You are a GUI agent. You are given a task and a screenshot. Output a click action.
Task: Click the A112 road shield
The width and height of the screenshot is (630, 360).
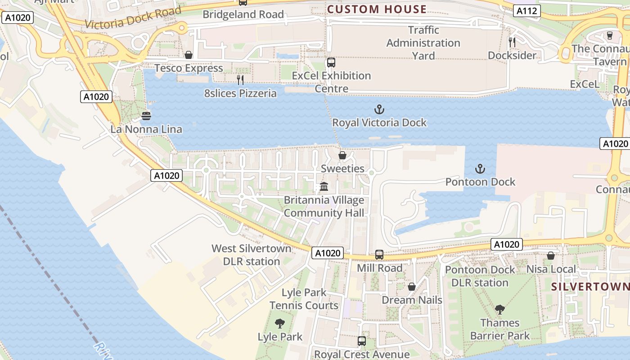click(x=526, y=11)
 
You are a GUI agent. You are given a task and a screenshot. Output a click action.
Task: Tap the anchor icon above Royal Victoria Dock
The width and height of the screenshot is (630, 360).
click(x=379, y=109)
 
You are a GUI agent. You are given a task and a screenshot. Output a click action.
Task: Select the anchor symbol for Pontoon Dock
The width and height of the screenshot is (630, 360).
click(x=480, y=169)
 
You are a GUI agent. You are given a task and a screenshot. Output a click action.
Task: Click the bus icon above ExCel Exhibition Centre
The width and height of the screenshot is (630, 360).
click(x=331, y=63)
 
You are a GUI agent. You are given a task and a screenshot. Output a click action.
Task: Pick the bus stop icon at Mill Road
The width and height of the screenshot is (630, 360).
click(x=379, y=255)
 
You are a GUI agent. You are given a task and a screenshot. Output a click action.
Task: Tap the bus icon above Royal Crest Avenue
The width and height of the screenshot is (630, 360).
click(x=361, y=341)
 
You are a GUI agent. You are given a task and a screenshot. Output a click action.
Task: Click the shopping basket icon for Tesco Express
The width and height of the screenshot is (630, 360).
click(x=189, y=55)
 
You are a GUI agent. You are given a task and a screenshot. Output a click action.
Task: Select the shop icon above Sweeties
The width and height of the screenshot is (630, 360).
click(x=342, y=156)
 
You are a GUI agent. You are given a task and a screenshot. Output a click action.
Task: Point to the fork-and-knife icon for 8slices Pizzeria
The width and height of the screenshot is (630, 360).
click(x=240, y=80)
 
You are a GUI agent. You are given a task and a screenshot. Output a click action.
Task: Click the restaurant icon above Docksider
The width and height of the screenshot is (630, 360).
click(x=512, y=42)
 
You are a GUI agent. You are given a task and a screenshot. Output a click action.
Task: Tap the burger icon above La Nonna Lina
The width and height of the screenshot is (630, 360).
click(x=146, y=116)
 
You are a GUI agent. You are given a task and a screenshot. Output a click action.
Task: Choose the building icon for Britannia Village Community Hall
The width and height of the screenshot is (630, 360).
click(x=324, y=186)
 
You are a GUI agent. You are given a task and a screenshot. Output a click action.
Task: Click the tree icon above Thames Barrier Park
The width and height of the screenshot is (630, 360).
click(x=499, y=310)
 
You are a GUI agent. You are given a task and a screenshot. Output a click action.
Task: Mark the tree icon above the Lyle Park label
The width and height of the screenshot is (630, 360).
click(x=280, y=323)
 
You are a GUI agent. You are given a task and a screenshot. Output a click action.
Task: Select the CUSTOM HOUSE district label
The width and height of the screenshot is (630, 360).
click(x=377, y=9)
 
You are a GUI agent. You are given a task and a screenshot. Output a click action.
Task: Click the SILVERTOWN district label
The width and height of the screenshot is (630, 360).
click(x=590, y=287)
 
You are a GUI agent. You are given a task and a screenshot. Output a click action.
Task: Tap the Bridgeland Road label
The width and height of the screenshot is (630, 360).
click(x=243, y=14)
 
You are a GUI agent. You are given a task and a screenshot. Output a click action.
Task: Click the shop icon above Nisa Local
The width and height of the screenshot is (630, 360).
click(x=550, y=256)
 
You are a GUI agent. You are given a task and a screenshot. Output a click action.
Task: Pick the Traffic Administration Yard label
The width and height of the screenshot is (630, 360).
click(x=423, y=43)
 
